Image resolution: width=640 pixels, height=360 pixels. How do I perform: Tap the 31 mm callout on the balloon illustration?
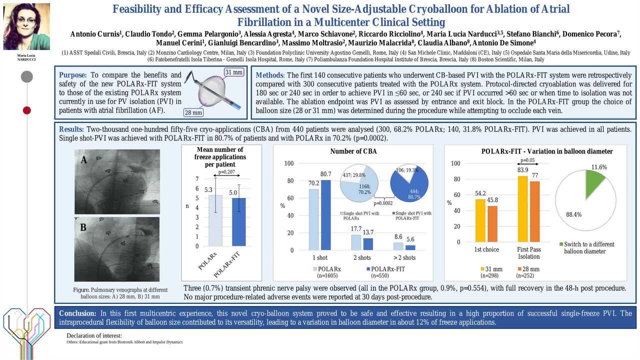233,72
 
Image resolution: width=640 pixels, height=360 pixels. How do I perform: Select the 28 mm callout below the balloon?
193,112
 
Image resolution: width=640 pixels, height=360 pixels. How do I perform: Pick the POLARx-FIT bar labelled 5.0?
233,222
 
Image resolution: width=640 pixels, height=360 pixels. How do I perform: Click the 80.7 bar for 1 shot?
326,215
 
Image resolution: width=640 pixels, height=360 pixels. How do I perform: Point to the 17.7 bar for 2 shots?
356,242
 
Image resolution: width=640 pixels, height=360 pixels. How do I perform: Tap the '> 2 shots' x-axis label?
405,257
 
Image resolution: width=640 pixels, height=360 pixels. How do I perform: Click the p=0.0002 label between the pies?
383,203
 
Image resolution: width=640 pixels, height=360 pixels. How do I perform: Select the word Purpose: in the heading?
73,74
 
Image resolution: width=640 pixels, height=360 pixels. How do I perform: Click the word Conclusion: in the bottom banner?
77,313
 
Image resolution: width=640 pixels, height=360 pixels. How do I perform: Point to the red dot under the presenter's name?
27,110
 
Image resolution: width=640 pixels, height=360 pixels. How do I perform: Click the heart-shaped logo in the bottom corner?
26,325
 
